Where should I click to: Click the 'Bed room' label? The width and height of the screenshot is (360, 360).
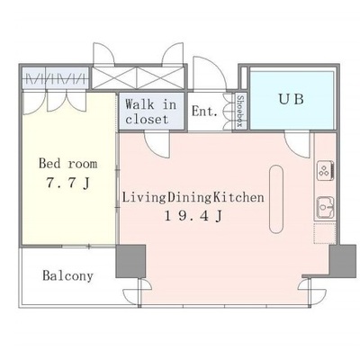tap(68, 164)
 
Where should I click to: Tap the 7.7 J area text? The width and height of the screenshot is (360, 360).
tap(67, 183)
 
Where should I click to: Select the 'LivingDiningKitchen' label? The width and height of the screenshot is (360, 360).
tap(193, 198)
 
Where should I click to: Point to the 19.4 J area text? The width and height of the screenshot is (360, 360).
tap(193, 216)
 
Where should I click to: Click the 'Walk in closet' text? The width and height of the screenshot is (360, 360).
tap(151, 112)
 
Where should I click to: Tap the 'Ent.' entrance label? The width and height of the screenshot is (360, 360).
tap(204, 112)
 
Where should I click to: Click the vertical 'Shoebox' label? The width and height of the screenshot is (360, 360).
tap(239, 112)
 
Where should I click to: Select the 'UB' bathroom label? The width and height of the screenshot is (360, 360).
tap(292, 99)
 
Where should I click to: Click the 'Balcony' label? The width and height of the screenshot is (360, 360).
tap(67, 275)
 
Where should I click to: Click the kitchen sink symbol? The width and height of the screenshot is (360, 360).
tap(326, 208)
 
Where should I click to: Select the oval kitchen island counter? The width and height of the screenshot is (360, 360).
tap(276, 199)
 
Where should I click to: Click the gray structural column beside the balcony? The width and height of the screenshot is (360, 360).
tap(130, 261)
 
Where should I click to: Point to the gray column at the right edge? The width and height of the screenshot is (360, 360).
tap(343, 261)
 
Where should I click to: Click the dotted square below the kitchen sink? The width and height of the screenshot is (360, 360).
tap(325, 233)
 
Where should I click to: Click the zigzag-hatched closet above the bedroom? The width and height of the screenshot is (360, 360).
tap(56, 78)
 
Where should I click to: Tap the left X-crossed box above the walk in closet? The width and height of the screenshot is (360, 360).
tap(114, 78)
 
